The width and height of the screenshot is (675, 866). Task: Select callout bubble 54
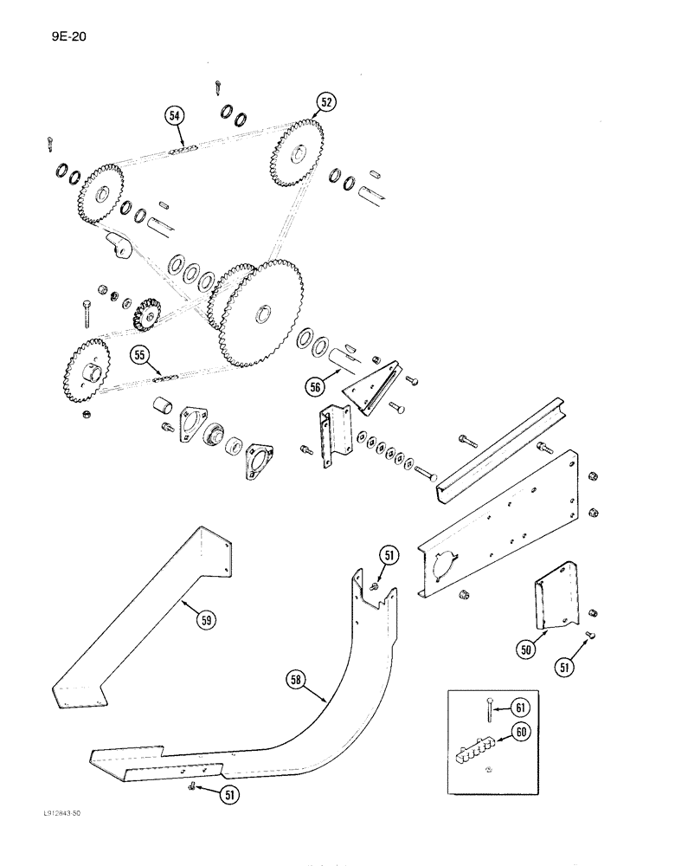[x=174, y=116]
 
